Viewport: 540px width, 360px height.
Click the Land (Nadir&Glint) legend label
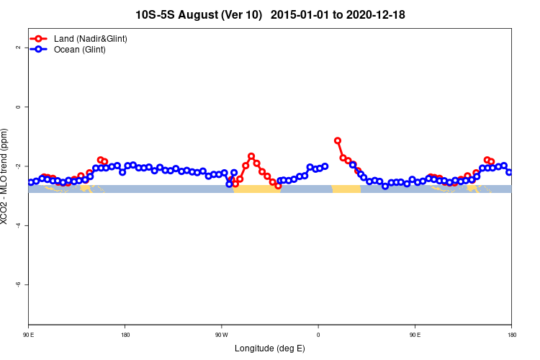point(91,38)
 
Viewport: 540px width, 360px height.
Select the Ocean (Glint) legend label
point(80,50)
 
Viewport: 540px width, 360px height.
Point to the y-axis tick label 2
point(19,48)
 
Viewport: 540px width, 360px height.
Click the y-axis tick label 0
point(19,107)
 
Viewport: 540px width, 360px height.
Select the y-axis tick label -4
point(19,225)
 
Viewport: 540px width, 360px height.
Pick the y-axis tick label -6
point(19,284)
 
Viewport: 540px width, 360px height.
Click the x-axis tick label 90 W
point(221,334)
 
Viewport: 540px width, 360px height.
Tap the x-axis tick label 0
point(318,334)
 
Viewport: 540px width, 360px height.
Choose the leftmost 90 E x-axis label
point(29,334)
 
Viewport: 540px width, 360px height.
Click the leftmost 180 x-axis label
point(125,334)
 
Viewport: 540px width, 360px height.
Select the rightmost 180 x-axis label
point(511,334)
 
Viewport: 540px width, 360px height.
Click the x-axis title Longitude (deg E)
point(270,348)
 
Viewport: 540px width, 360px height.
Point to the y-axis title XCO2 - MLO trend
point(6,176)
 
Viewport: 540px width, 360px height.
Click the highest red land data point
point(338,140)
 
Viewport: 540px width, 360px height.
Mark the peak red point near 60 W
point(251,156)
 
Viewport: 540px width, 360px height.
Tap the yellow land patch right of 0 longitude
point(346,189)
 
